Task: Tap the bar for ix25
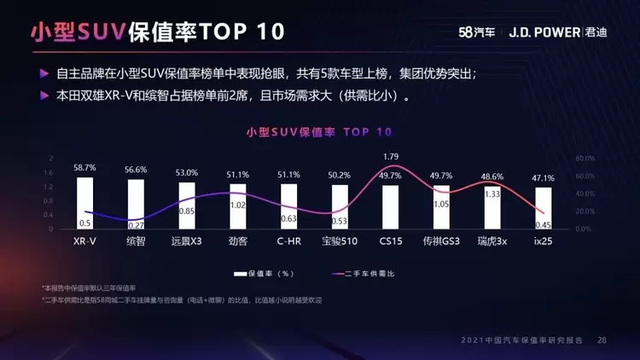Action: click(x=544, y=208)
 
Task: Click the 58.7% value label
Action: click(x=84, y=168)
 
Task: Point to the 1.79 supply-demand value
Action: click(x=391, y=156)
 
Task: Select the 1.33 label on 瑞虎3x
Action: click(x=492, y=195)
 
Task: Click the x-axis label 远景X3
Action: click(x=186, y=241)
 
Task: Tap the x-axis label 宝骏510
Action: click(x=340, y=241)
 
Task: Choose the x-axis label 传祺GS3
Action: click(x=441, y=241)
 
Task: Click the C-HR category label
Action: click(x=288, y=241)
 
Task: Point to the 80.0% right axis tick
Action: click(x=584, y=159)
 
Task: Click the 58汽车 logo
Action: click(x=477, y=32)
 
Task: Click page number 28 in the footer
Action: click(x=602, y=340)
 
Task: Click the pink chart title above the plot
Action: click(x=319, y=132)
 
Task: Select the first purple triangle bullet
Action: click(x=44, y=75)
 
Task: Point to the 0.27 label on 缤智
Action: click(x=136, y=224)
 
